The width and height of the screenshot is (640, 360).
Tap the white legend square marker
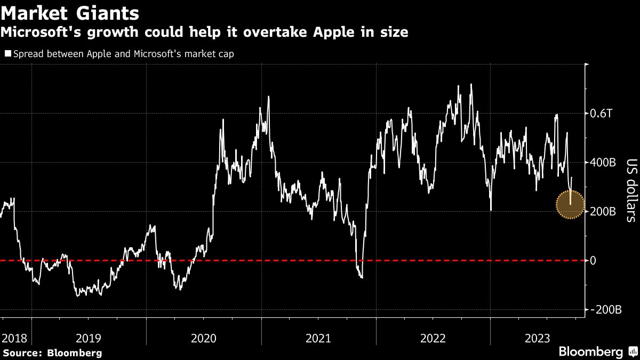coord(7,53)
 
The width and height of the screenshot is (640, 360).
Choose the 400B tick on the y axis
coord(604,163)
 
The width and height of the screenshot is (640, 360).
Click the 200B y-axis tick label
coord(604,212)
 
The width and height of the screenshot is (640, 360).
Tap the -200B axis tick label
coord(606,310)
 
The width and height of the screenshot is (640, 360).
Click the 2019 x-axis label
coord(89,338)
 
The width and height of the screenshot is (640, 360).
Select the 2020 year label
coord(204,338)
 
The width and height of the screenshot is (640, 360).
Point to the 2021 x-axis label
coord(318,338)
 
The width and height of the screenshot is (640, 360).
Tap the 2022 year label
coord(433,338)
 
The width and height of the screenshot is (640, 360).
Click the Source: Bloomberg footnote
coord(51,353)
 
